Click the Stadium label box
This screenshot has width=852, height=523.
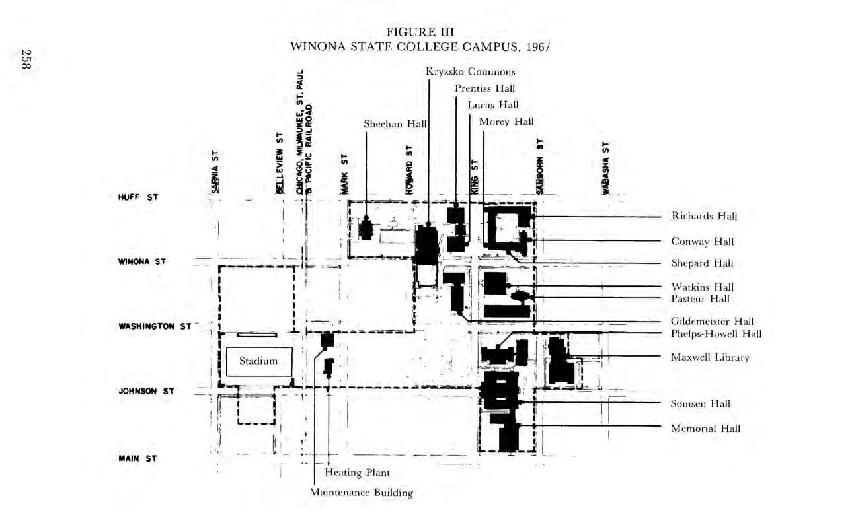258,361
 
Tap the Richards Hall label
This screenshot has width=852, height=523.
704,216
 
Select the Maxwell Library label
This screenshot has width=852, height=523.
710,357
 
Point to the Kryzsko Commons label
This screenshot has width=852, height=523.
471,72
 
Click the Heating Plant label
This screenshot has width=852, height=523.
357,473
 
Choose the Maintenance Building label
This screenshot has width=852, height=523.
362,492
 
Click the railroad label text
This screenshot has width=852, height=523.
304,132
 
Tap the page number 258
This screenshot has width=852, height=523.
27,59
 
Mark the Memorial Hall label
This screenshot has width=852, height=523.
705,428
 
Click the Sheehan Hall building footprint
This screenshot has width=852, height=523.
366,228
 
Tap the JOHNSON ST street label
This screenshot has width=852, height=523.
146,391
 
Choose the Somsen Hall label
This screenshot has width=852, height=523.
701,403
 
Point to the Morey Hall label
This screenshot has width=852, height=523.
506,122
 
